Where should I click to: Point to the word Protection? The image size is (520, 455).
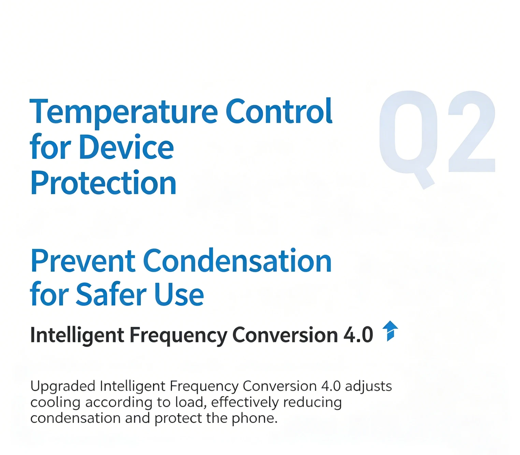[103, 183]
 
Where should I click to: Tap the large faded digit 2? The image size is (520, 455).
[472, 131]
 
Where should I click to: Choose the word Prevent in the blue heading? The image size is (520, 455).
[83, 261]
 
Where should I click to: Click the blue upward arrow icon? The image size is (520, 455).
[390, 331]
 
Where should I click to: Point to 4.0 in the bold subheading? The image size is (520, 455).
[358, 335]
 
